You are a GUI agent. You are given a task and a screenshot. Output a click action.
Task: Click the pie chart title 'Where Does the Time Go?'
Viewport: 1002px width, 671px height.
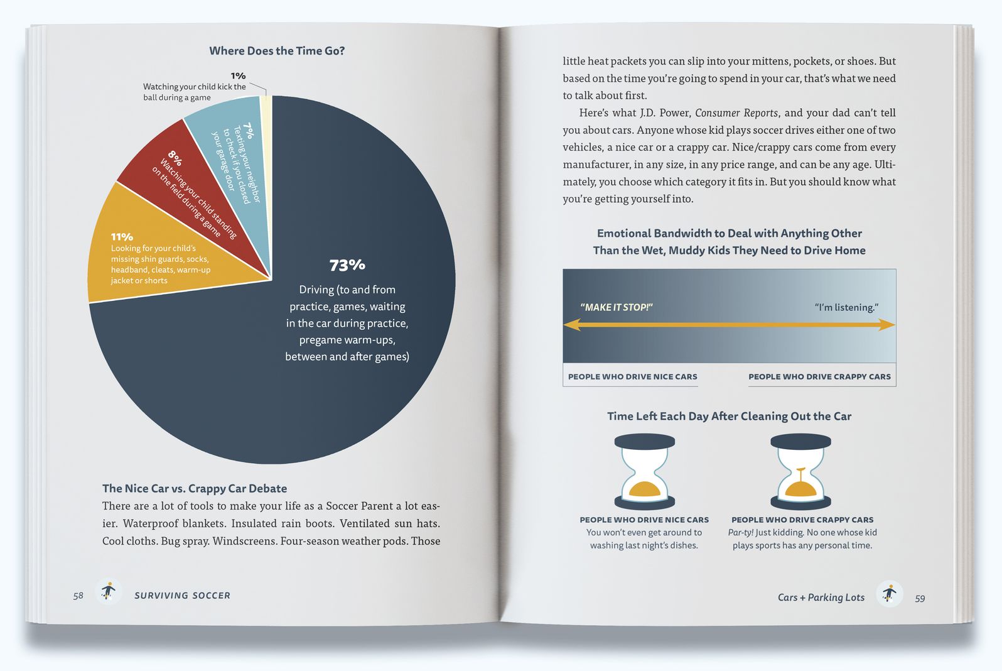click(277, 51)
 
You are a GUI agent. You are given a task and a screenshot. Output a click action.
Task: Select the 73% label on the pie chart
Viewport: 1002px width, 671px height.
click(347, 265)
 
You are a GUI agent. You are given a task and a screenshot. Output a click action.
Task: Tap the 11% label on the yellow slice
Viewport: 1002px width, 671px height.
click(122, 237)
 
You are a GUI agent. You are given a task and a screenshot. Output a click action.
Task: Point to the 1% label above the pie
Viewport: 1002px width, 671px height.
click(238, 76)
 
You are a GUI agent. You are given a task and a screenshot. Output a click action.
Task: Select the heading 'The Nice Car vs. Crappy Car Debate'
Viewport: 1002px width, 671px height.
click(195, 488)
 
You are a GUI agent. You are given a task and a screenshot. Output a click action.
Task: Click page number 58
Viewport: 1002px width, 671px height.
click(78, 596)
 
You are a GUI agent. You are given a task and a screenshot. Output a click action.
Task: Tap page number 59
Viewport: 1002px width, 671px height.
click(920, 598)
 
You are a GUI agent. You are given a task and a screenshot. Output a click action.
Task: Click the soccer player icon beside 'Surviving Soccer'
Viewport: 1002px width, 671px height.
click(109, 592)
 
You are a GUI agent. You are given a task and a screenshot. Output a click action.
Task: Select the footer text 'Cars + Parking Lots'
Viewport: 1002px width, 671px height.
click(821, 597)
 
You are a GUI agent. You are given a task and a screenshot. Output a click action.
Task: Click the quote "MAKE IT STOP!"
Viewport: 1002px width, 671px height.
click(617, 307)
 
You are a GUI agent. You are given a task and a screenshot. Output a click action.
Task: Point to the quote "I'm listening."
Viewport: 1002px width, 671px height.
click(846, 307)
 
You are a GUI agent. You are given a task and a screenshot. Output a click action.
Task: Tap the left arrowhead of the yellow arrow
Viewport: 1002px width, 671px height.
click(571, 325)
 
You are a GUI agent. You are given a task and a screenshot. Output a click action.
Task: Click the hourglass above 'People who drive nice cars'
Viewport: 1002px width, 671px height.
click(645, 471)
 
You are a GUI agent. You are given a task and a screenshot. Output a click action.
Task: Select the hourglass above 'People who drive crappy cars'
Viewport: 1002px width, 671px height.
click(800, 471)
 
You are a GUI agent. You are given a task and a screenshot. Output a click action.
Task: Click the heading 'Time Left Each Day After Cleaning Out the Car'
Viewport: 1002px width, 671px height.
click(729, 416)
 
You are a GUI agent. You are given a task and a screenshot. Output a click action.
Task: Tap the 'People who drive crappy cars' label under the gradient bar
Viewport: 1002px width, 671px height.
click(819, 377)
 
